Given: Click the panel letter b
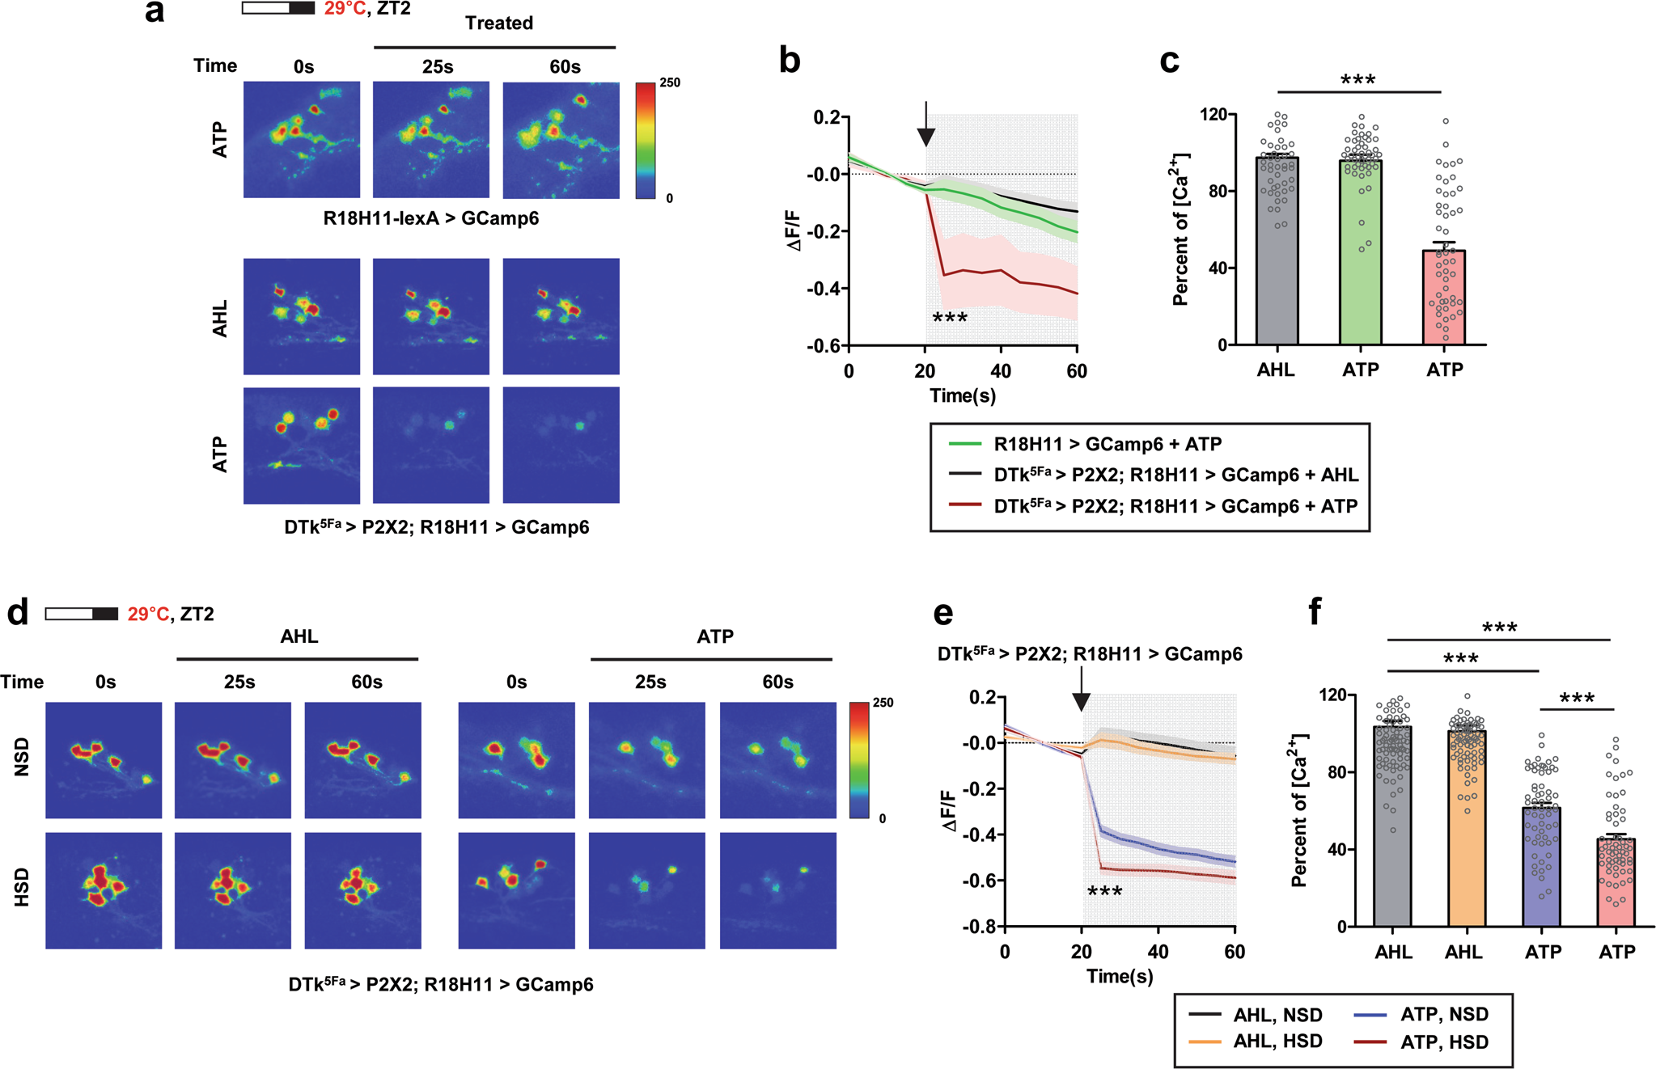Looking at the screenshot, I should [x=790, y=61].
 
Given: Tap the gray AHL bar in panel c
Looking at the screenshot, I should [x=1277, y=251].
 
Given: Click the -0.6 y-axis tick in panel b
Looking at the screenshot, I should [x=822, y=346].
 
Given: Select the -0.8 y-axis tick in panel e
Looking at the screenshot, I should [x=979, y=927].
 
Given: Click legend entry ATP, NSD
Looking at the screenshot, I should [x=1444, y=1014].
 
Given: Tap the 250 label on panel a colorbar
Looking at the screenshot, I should [x=670, y=82].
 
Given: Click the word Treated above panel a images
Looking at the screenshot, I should [x=498, y=23].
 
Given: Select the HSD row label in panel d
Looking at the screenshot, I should [x=22, y=887].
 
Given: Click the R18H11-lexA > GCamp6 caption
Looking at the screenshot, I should [x=430, y=218].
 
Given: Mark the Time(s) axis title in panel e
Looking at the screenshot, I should [x=1120, y=976].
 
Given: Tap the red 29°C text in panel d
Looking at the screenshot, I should [x=147, y=615].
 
